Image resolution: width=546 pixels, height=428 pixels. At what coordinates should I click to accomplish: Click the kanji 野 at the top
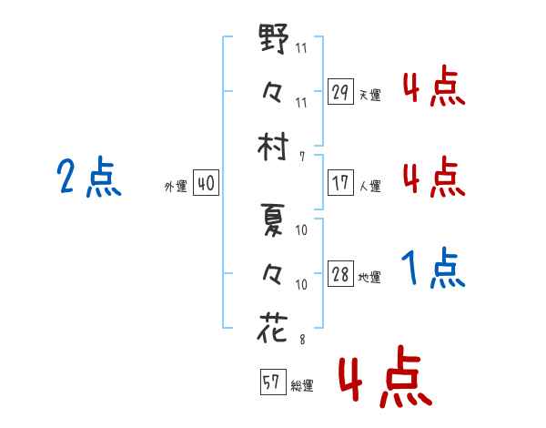[274, 38]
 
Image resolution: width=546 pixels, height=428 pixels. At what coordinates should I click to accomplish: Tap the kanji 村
[273, 147]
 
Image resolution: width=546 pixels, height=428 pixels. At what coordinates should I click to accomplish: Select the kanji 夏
[273, 219]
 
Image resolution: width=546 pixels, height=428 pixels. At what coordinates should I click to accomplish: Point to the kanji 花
[273, 327]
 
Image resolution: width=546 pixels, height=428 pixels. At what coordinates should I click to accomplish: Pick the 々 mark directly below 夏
[272, 274]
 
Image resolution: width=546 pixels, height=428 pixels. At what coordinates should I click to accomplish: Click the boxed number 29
[340, 91]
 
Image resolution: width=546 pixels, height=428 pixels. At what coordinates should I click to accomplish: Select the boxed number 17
[340, 183]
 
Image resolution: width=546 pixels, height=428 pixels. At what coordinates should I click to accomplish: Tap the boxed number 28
[340, 274]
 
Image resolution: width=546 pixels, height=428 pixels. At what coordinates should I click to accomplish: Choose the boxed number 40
[206, 183]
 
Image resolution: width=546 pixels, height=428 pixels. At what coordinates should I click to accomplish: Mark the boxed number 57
[273, 382]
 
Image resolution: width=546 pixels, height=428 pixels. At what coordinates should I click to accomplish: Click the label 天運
[370, 95]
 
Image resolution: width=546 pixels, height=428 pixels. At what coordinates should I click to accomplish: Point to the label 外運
[176, 187]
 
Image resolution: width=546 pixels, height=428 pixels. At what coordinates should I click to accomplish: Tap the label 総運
[302, 386]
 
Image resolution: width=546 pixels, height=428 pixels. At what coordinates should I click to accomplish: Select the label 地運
[369, 278]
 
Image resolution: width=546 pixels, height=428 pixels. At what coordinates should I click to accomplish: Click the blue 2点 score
[89, 177]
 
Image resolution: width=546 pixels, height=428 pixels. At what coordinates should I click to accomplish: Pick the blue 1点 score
[433, 268]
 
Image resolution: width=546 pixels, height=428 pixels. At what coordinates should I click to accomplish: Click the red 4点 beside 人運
[434, 177]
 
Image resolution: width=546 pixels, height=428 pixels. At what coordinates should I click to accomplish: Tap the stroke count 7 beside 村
[302, 157]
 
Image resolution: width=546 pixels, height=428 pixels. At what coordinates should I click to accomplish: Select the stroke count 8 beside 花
[302, 340]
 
